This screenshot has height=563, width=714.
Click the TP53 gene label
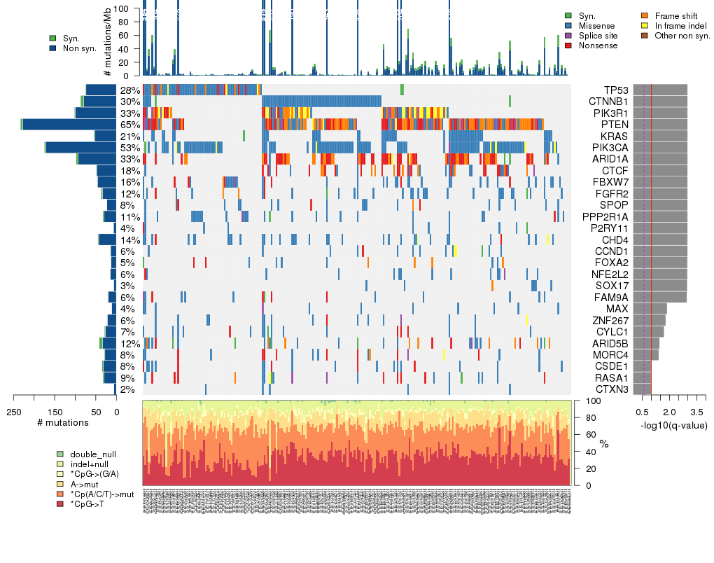[616, 90]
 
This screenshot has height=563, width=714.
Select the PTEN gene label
[615, 125]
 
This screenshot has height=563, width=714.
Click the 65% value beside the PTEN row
[129, 125]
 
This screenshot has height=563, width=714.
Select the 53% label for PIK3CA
[129, 148]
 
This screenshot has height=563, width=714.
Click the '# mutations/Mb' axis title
[108, 41]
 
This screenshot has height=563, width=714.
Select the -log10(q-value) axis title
[673, 425]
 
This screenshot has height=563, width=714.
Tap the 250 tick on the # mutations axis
[13, 412]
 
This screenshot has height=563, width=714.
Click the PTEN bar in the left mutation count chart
[69, 125]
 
